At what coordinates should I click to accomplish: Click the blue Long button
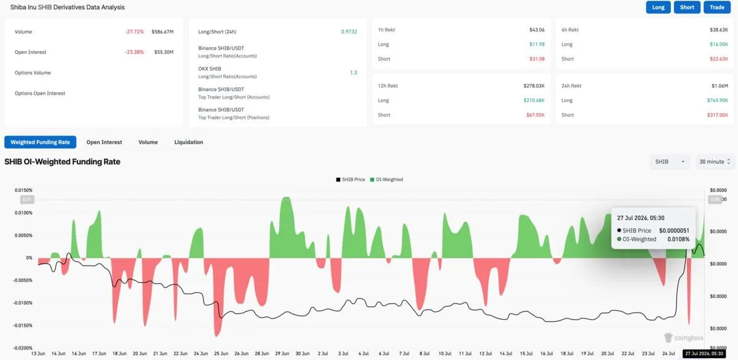(x=658, y=7)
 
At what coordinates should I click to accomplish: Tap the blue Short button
(x=687, y=7)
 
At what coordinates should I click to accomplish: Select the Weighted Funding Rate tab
(x=40, y=142)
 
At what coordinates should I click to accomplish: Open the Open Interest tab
(x=104, y=142)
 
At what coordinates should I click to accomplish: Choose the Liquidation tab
(x=188, y=142)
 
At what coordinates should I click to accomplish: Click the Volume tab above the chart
(x=148, y=142)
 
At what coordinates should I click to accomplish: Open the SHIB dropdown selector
(x=670, y=161)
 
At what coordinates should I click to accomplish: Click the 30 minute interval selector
(x=715, y=161)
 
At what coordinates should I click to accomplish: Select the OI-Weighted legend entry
(x=386, y=180)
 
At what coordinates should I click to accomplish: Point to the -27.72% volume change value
(x=135, y=31)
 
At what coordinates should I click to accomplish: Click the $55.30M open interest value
(x=164, y=52)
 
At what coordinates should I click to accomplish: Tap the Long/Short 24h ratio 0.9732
(x=349, y=31)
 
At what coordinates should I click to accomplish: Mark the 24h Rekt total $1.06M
(x=720, y=86)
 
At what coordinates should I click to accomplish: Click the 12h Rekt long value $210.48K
(x=534, y=100)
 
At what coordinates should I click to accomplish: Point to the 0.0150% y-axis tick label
(x=23, y=190)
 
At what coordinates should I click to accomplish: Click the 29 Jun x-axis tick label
(x=282, y=353)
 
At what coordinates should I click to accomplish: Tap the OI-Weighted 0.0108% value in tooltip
(x=678, y=239)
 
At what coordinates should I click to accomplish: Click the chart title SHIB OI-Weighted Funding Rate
(x=62, y=161)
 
